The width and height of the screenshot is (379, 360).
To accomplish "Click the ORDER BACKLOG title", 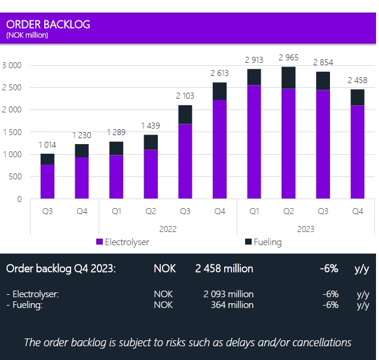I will pyautogui.click(x=48, y=25).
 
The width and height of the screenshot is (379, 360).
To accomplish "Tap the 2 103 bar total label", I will pyautogui.click(x=187, y=96).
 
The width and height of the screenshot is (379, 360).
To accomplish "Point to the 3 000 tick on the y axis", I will pyautogui.click(x=11, y=65).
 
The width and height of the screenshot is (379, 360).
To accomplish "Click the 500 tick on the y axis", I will pyautogui.click(x=15, y=176).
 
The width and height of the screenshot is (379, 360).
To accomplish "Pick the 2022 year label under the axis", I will pyautogui.click(x=167, y=228).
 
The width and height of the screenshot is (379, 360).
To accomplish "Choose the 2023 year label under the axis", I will pyautogui.click(x=305, y=228).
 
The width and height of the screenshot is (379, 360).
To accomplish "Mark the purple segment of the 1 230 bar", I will pyautogui.click(x=82, y=178).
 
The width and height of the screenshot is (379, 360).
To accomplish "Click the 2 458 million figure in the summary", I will pyautogui.click(x=224, y=269).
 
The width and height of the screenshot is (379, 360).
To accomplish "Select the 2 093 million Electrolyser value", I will pyautogui.click(x=228, y=294).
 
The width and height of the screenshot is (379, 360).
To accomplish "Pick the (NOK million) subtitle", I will pyautogui.click(x=27, y=35).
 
